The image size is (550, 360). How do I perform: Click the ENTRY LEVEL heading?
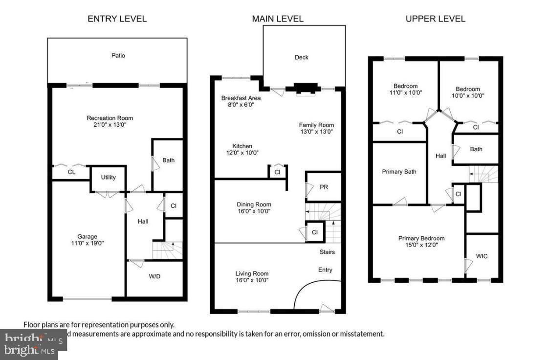[x=117, y=19]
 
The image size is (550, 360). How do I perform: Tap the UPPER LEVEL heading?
[x=435, y=19]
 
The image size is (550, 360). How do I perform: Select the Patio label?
[x=118, y=55]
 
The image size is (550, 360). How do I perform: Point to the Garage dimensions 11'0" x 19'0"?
[x=88, y=243]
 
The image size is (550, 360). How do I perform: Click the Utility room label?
[x=109, y=177]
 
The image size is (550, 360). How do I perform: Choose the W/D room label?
[x=154, y=276]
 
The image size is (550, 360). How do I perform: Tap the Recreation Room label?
[x=110, y=118]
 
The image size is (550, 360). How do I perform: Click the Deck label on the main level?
[x=302, y=57]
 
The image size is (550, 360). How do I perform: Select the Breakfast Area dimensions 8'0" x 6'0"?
[x=241, y=105]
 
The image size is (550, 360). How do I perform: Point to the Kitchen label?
[x=242, y=146]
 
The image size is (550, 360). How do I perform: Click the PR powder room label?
[x=324, y=187]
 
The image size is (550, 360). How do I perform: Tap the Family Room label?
[x=316, y=125]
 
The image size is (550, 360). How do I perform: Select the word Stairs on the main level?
[x=327, y=252]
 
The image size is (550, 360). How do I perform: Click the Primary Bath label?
[x=399, y=172]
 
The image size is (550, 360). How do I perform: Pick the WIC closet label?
[x=482, y=256]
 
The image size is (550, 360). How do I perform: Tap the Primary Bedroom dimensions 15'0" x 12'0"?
[x=421, y=245]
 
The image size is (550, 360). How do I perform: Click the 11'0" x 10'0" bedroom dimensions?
[x=405, y=92]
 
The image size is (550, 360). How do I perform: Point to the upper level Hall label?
[x=440, y=156]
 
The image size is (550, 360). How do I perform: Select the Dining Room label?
[x=254, y=204]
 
